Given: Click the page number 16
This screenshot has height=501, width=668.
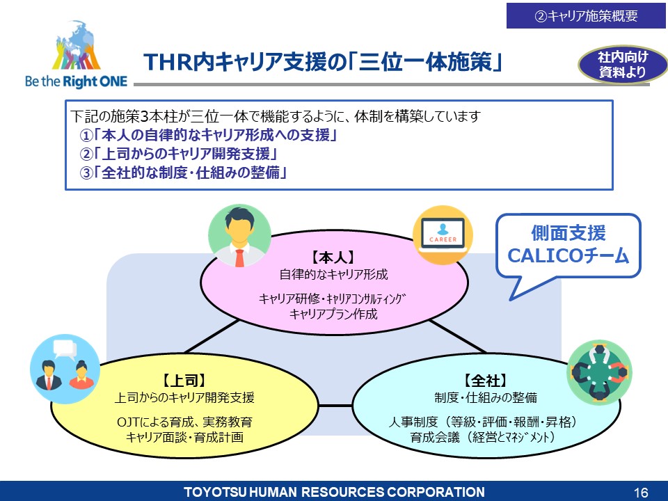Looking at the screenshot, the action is [641, 493].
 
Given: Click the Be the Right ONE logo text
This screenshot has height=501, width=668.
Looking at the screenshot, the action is [77, 81].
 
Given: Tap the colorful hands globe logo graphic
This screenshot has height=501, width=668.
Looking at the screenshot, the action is [77, 45].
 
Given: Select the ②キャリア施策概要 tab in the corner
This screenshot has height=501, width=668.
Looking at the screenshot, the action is [586, 16].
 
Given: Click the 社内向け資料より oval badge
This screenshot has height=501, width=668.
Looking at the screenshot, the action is [623, 64].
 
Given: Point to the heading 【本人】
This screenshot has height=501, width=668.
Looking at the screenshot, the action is [333, 257].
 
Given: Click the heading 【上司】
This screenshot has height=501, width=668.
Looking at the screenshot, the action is [184, 381].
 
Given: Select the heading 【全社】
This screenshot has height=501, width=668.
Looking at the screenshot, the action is [486, 381].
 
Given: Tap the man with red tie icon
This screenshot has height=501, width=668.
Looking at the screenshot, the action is [239, 236].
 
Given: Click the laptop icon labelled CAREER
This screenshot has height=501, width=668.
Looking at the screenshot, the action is [443, 235].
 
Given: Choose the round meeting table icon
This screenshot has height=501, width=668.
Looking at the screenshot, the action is [599, 372].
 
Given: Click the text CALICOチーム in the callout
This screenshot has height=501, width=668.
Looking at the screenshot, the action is [568, 255].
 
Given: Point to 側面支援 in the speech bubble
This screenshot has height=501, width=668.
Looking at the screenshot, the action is [568, 233].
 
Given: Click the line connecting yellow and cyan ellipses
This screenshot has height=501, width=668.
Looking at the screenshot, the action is [335, 405].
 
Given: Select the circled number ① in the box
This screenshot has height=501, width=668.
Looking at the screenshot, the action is [86, 136].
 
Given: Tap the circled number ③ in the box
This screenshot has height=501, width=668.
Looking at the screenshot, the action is [86, 173].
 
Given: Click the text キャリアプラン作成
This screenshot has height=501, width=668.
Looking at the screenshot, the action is [333, 315].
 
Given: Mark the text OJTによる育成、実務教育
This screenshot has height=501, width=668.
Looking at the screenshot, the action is [184, 422].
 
